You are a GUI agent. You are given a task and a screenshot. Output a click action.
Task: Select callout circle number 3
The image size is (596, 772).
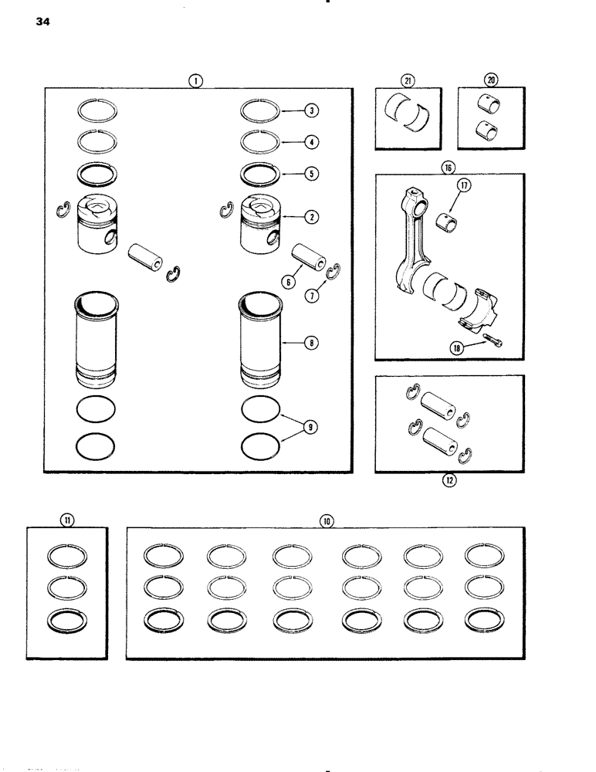311,111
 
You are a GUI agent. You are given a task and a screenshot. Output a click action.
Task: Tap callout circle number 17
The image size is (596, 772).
465,186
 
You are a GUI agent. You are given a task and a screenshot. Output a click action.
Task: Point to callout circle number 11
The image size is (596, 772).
66,521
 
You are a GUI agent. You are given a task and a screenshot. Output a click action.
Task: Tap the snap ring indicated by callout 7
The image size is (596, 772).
334,271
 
